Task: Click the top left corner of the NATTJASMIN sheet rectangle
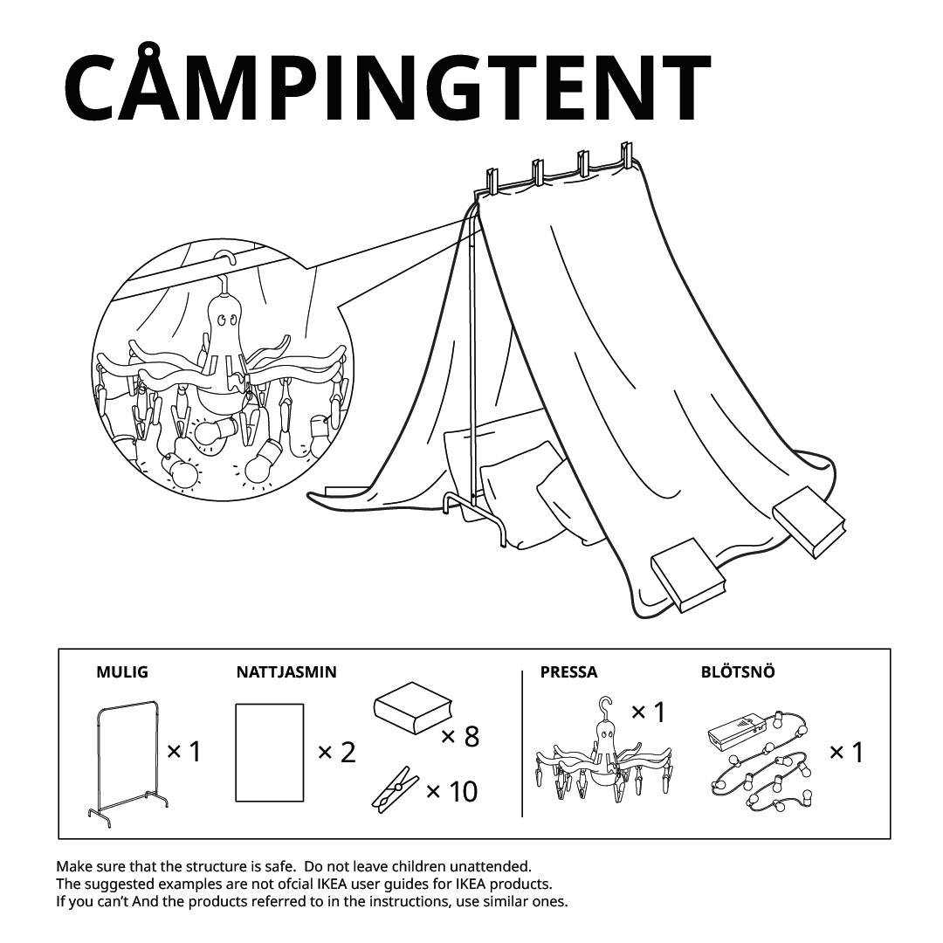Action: pyautogui.click(x=236, y=705)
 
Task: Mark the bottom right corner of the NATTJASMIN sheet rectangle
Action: pyautogui.click(x=304, y=802)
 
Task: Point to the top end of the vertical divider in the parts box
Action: pyautogui.click(x=522, y=671)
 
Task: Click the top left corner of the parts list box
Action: pyautogui.click(x=59, y=649)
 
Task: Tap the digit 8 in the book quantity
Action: pyautogui.click(x=471, y=736)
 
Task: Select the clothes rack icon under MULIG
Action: pyautogui.click(x=128, y=764)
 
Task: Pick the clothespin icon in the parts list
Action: pyautogui.click(x=395, y=789)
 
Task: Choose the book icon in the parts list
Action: pyautogui.click(x=412, y=708)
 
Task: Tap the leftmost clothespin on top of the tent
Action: pyautogui.click(x=492, y=182)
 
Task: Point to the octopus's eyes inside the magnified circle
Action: pyautogui.click(x=226, y=320)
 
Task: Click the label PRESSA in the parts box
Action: pyautogui.click(x=568, y=672)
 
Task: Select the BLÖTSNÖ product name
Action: pyautogui.click(x=738, y=671)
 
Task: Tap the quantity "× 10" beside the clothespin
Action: pyautogui.click(x=451, y=791)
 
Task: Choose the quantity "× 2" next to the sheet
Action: pyautogui.click(x=337, y=753)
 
